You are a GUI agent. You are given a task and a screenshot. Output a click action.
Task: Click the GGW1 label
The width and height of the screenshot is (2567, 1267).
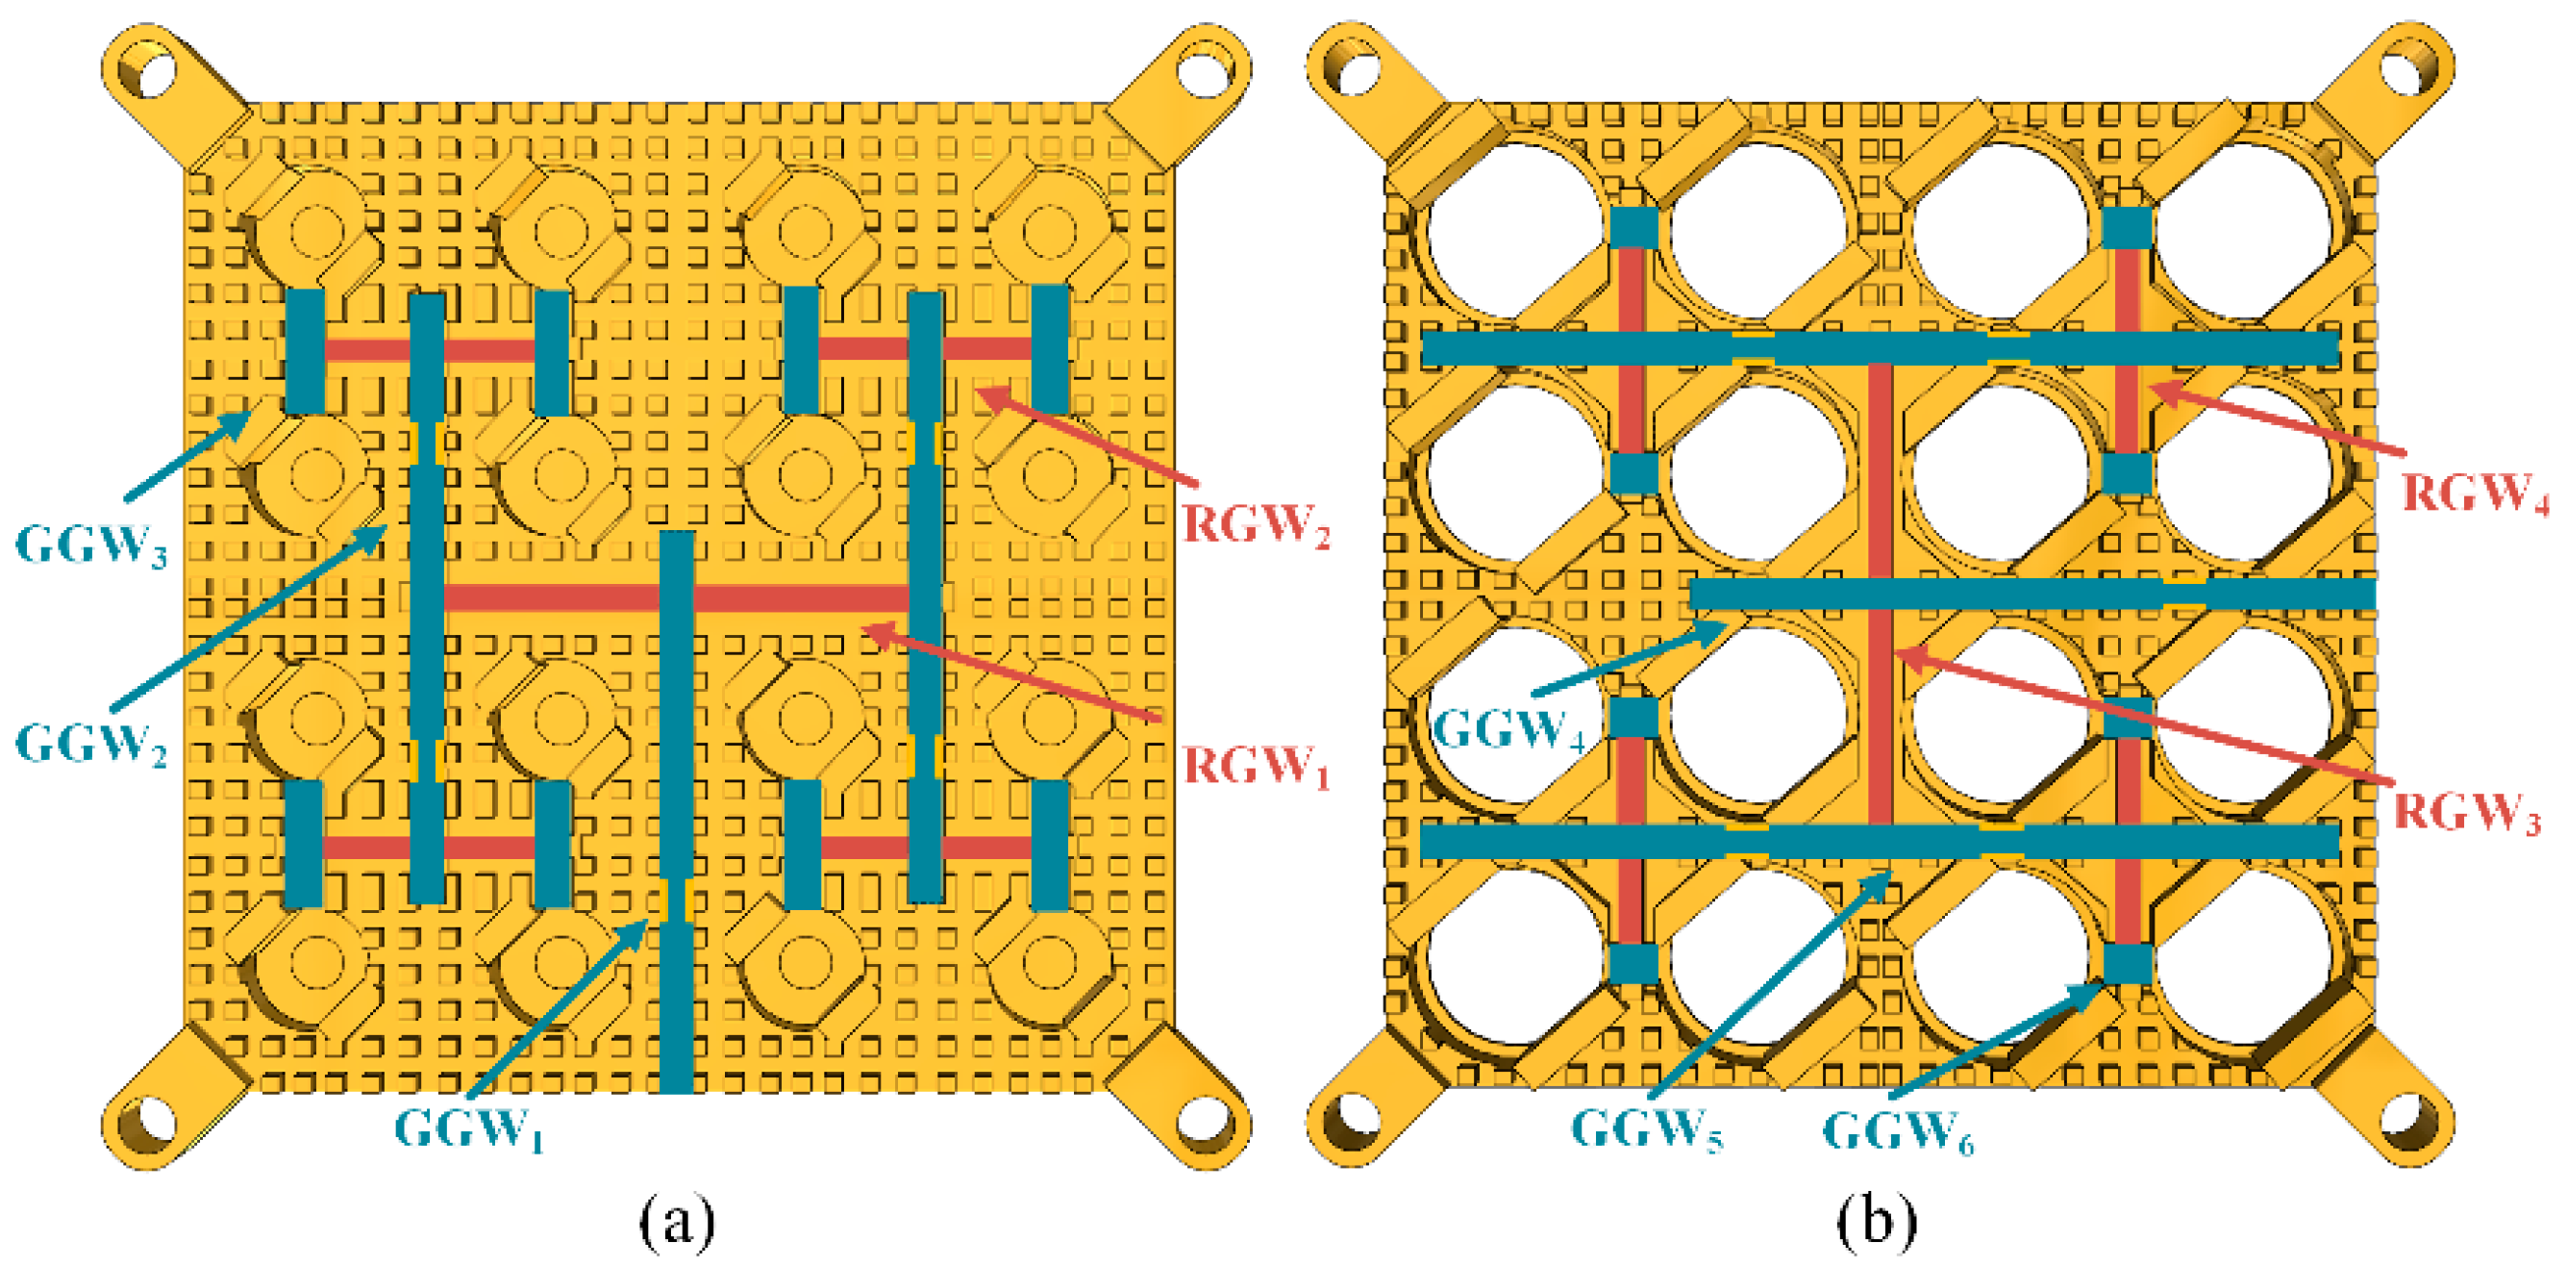tap(468, 1129)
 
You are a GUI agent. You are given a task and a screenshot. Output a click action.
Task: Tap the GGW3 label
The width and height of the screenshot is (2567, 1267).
tap(90, 545)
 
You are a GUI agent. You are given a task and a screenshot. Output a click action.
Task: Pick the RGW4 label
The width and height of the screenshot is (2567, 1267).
tap(2475, 493)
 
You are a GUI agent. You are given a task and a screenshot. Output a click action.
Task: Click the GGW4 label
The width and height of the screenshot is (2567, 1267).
tap(1507, 729)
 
